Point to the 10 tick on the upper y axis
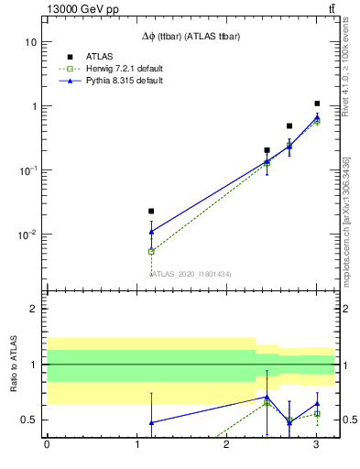point(30,42)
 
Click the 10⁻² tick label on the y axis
point(27,234)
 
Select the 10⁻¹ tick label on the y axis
point(27,170)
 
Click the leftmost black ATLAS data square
point(151,212)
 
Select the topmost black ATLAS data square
point(317,104)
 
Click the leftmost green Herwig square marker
point(151,251)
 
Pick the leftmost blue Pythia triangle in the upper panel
point(151,232)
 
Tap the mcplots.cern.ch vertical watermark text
point(346,229)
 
